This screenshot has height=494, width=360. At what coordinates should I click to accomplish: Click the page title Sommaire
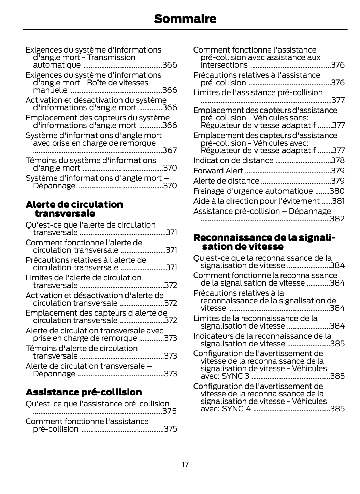185,19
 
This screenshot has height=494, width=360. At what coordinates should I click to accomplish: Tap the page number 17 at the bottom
185,465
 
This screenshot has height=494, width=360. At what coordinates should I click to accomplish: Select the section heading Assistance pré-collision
84,392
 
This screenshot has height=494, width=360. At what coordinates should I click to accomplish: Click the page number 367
170,150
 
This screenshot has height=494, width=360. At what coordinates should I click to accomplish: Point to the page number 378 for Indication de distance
338,160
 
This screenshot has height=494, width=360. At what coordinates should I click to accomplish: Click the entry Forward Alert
218,171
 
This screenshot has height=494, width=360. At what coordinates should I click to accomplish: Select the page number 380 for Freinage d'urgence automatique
337,191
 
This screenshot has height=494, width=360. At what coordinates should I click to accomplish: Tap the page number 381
339,201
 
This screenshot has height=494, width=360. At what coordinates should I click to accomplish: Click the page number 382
337,219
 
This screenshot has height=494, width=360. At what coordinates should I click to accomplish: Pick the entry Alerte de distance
226,181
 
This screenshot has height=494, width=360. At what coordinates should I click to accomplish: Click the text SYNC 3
235,376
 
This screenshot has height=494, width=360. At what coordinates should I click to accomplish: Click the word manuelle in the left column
50,90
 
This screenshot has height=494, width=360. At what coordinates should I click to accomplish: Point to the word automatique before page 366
57,65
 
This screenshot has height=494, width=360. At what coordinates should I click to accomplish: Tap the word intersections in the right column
224,65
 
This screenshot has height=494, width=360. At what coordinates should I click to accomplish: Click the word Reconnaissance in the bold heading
232,238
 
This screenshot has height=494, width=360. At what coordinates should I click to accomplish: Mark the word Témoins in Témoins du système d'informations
40,160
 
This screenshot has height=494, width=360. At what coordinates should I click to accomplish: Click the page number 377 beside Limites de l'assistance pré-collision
338,100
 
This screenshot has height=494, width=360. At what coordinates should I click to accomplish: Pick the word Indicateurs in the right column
213,336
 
